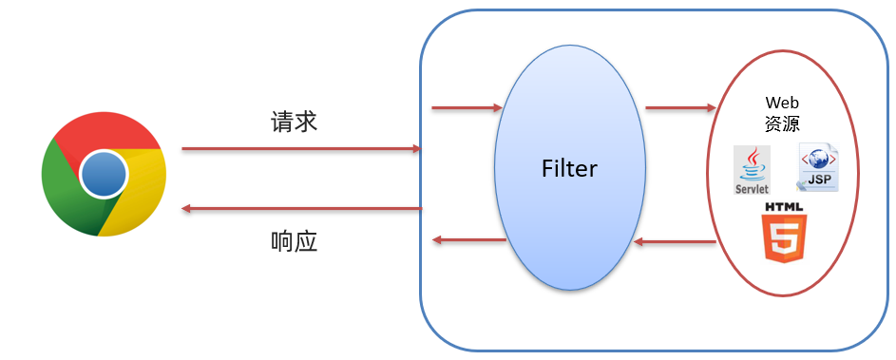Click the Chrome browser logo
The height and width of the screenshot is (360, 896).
coord(104,173)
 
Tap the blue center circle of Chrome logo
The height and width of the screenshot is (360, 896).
coord(104,174)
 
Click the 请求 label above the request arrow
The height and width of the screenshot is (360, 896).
coord(294,122)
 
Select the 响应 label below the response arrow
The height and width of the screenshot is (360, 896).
coord(294,241)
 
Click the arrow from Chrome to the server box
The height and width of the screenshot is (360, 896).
coord(300,149)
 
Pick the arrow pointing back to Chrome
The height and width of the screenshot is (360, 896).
coord(300,208)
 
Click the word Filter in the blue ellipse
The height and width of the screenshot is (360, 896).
coord(569,169)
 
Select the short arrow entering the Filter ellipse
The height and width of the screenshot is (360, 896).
coord(467,107)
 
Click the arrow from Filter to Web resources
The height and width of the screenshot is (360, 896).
coord(679,107)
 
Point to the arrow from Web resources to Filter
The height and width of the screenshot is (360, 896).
coord(675,242)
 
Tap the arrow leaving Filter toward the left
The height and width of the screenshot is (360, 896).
coord(468,239)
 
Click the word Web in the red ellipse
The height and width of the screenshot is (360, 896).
coord(781,102)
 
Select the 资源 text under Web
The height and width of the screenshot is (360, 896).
coord(781,123)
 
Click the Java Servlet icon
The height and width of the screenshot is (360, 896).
coord(752,171)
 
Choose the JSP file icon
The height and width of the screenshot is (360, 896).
coord(817,168)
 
